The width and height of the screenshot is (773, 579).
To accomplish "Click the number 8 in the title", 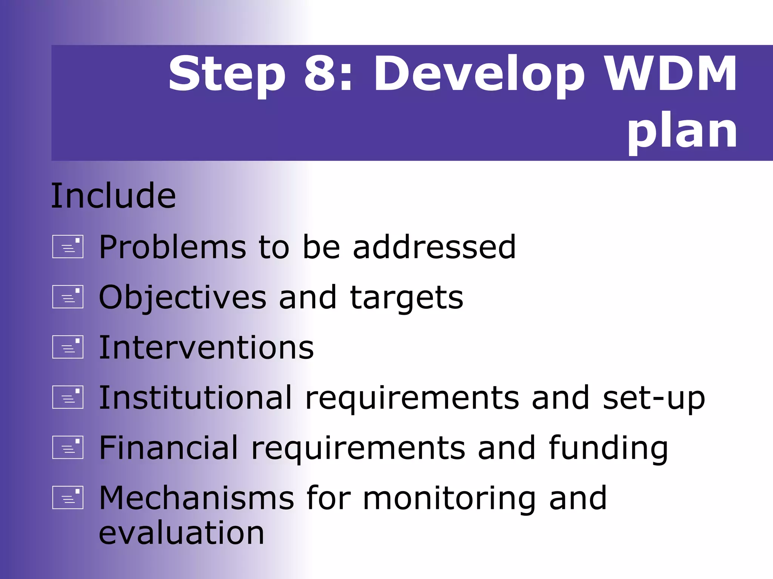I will pos(321,74).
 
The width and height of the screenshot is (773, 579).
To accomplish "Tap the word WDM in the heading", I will pos(670,74).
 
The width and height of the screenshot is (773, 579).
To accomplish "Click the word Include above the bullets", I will pos(113,196).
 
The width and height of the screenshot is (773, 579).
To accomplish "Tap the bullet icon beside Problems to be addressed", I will pos(68,247).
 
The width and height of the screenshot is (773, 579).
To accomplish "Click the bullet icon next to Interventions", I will pos(68,347).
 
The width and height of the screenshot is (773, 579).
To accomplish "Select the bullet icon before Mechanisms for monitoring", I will pos(68,498).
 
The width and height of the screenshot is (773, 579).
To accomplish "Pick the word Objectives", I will pos(183,298).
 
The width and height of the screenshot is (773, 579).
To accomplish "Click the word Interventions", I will pos(206,347).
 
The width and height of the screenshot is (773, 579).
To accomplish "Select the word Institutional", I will pos(196,397).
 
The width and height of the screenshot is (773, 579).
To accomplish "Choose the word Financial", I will pos(169,447).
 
